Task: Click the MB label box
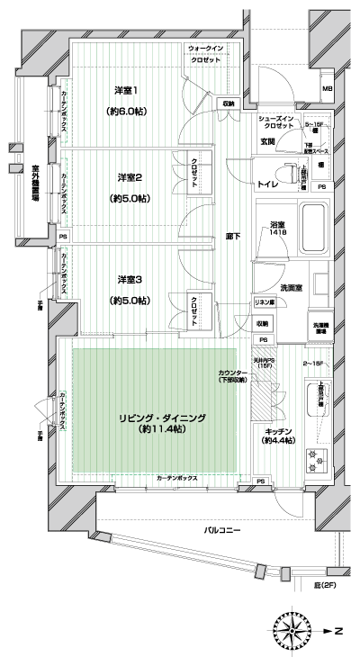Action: pyautogui.click(x=328, y=88)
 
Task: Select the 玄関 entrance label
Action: pyautogui.click(x=268, y=139)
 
